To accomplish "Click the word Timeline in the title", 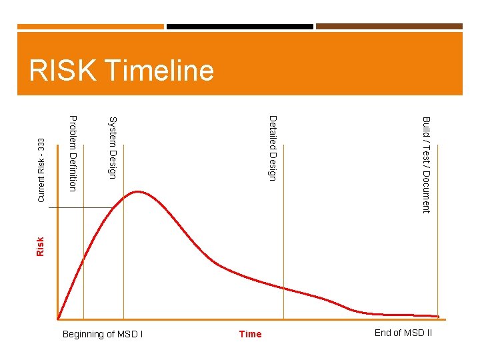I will pyautogui.click(x=159, y=71).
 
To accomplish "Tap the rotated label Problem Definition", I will pyautogui.click(x=73, y=153).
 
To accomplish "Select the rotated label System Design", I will pyautogui.click(x=113, y=147).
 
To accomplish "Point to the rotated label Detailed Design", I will pyautogui.click(x=272, y=147).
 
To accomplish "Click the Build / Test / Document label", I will pyautogui.click(x=426, y=165).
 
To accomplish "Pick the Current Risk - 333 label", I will pyautogui.click(x=41, y=170).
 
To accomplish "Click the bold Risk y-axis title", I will pyautogui.click(x=40, y=247).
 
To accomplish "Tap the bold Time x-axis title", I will pyautogui.click(x=250, y=334).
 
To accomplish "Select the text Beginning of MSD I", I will pyautogui.click(x=102, y=334).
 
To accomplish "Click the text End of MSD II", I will pyautogui.click(x=403, y=333).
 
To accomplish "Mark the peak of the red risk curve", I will pyautogui.click(x=138, y=192).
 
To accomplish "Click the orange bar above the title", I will pyautogui.click(x=90, y=27).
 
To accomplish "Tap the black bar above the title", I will pyautogui.click(x=239, y=27).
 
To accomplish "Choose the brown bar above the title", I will pyautogui.click(x=389, y=27).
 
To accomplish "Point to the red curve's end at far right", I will pyautogui.click(x=438, y=316).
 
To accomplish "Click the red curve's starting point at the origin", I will pyautogui.click(x=59, y=319).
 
